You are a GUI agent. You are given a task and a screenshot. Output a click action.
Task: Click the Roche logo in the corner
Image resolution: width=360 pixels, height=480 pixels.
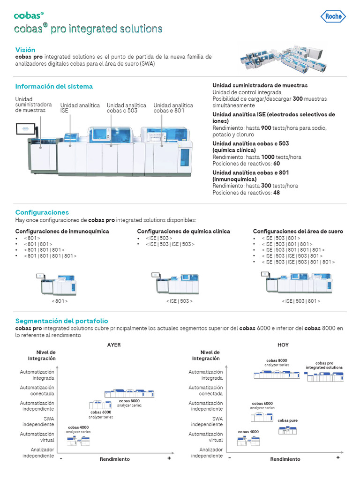334,16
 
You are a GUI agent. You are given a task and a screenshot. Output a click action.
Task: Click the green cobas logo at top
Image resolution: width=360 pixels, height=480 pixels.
29,16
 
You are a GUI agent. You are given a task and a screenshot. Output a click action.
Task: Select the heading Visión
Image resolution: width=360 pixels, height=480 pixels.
25,50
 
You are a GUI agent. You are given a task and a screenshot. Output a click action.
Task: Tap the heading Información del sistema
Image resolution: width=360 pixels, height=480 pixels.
54,86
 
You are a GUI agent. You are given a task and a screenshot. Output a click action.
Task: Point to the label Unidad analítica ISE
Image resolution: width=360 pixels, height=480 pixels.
80,108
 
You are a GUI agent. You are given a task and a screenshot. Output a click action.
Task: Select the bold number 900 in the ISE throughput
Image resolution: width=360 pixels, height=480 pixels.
266,128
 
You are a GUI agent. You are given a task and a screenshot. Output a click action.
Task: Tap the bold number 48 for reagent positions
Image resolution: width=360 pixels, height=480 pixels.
277,193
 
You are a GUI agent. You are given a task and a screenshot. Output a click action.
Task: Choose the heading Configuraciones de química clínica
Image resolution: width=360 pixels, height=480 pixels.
183,231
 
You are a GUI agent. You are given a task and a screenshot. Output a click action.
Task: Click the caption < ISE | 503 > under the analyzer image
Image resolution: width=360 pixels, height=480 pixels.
179,301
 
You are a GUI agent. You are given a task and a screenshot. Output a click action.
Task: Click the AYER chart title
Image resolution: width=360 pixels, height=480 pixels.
114,345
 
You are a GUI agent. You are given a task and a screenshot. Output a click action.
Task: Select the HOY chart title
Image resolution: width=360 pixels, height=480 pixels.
283,345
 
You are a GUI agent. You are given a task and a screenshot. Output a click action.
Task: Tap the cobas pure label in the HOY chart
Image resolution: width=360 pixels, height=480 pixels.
287,420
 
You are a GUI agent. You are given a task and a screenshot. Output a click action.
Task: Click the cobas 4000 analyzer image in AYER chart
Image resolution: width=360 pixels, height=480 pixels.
78,441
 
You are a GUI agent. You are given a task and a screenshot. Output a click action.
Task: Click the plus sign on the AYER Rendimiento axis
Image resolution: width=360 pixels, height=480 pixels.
169,458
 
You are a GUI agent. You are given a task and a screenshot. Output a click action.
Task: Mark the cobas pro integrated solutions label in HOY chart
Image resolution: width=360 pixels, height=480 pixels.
324,365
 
